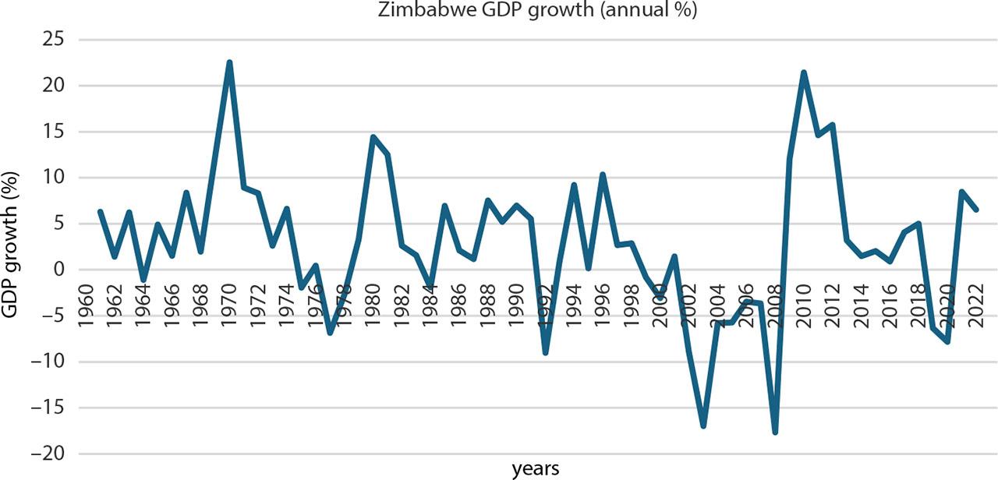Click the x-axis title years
tap(535, 468)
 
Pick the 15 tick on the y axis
tap(55, 132)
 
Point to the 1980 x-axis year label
tap(373, 302)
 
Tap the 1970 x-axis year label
tap(229, 302)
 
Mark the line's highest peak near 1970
tap(229, 62)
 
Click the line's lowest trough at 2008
tap(775, 432)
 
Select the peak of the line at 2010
tap(804, 72)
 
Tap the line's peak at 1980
tap(373, 137)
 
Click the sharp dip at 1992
tap(546, 352)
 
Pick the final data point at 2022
tap(976, 210)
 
